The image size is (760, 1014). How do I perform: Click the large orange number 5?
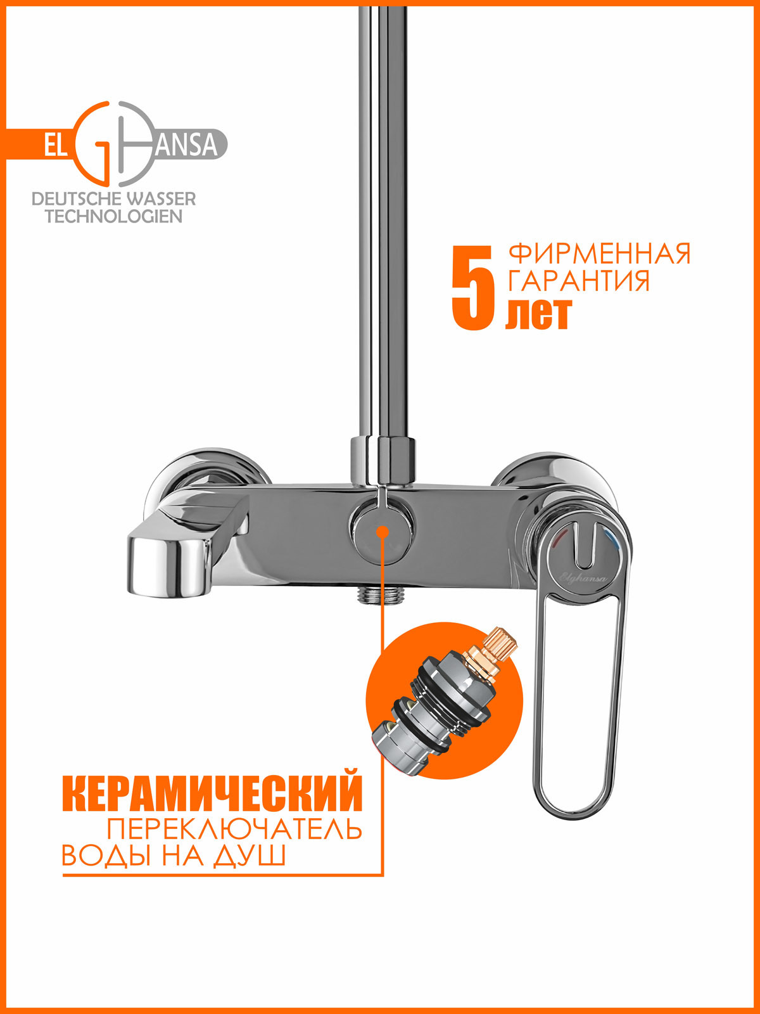coord(472,289)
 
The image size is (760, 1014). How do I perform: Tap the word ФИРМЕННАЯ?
coord(599,254)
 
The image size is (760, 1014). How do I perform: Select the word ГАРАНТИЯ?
coord(579,281)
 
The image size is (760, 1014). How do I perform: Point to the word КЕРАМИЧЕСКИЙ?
coord(213,792)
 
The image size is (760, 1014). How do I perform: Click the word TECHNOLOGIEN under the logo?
coord(114,217)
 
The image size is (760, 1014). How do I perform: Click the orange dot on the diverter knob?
coord(382,530)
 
